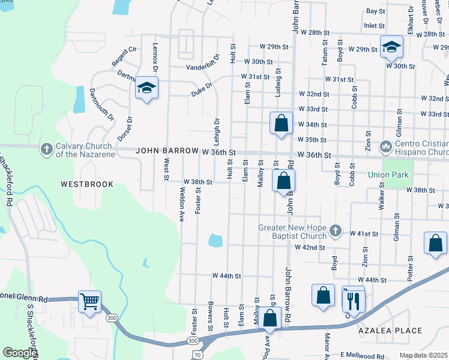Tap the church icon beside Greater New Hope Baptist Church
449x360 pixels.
point(336,230)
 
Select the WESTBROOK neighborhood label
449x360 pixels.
point(87,184)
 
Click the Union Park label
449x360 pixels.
point(387,175)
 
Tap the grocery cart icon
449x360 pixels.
point(89,301)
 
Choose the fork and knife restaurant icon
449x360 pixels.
point(353,298)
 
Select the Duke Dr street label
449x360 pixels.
point(202,90)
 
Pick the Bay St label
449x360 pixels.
point(375,11)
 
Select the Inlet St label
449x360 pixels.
point(374,26)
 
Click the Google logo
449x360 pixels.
point(20,353)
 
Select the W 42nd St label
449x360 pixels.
point(310,247)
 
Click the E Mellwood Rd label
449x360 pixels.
point(362,356)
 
